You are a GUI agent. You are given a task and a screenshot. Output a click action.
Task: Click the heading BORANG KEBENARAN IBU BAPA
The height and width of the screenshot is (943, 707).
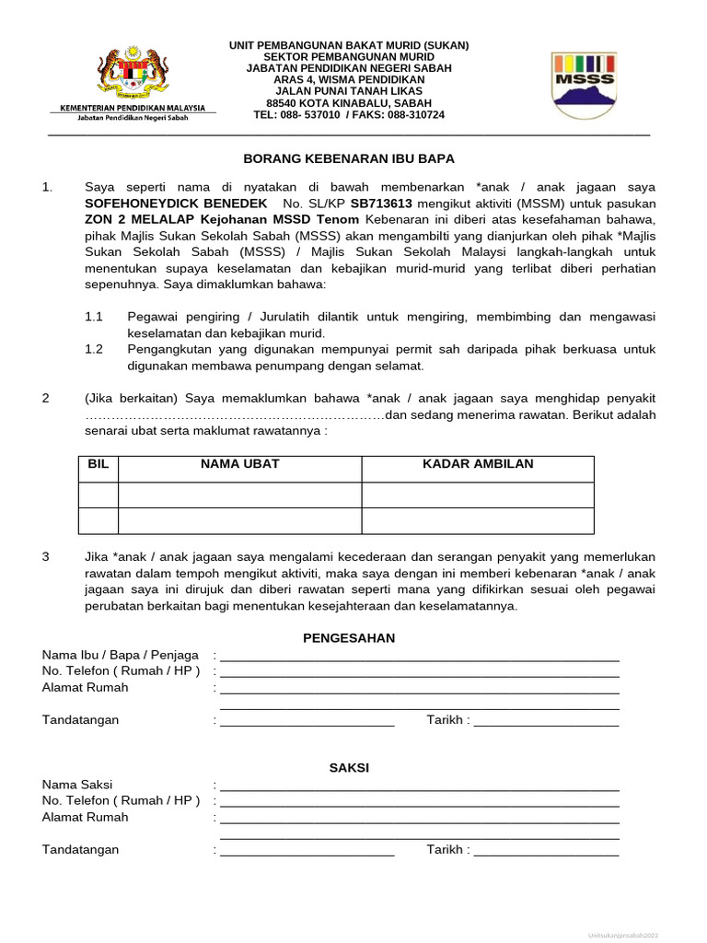349,159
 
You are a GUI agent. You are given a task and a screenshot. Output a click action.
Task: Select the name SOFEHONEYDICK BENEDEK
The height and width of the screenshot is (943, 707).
176,203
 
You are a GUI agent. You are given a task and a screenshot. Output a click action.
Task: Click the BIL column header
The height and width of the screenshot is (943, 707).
98,464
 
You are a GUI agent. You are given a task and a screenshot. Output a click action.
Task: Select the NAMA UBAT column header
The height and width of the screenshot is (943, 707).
239,464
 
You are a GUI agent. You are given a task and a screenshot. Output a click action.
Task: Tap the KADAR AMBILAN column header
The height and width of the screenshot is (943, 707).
477,464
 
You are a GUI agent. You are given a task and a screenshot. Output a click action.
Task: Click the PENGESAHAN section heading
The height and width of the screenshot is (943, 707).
349,637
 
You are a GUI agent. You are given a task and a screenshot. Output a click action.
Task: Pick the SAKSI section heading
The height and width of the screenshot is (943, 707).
349,767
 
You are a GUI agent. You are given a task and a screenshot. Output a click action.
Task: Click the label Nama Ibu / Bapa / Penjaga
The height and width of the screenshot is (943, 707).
120,655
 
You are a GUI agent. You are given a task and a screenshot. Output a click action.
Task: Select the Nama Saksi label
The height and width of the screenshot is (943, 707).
79,785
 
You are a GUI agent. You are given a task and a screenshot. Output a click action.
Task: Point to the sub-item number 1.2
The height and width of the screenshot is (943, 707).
94,349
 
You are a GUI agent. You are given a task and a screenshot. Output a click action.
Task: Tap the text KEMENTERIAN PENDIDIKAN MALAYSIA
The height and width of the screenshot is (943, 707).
133,109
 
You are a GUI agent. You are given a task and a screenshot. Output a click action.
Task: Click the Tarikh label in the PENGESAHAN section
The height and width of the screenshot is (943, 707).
446,720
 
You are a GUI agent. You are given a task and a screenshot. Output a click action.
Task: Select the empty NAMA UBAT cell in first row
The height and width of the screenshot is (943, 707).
239,495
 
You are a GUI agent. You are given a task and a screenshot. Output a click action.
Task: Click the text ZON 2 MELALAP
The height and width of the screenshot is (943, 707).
131,219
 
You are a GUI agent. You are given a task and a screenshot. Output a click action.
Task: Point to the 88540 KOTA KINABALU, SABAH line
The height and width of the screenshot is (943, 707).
349,103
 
